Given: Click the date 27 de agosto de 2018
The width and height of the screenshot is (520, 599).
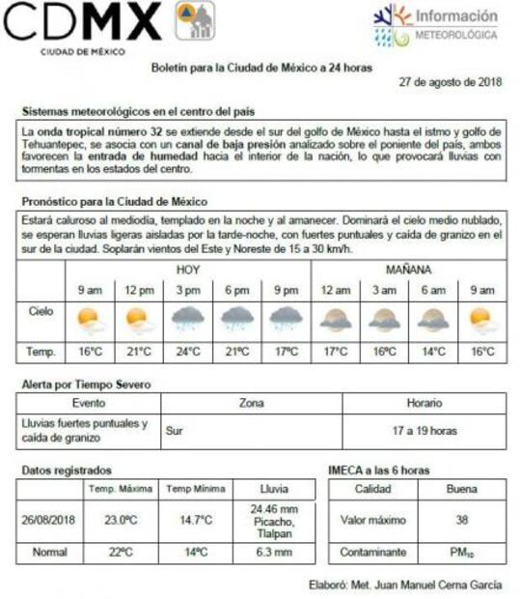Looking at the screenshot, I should pyautogui.click(x=450, y=82).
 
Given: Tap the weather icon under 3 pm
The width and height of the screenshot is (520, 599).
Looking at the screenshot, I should pyautogui.click(x=187, y=319).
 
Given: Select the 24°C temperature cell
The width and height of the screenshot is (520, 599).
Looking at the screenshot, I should pyautogui.click(x=187, y=353).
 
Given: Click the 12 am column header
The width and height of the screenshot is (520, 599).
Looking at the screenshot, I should pyautogui.click(x=335, y=290).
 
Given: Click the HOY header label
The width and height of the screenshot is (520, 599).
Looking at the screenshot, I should pyautogui.click(x=187, y=270).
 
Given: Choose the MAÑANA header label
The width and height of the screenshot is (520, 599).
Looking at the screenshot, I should pyautogui.click(x=408, y=270).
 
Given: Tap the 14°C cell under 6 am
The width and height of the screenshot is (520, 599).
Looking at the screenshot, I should pyautogui.click(x=432, y=353).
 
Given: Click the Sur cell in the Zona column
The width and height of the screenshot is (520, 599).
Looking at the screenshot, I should pyautogui.click(x=174, y=431).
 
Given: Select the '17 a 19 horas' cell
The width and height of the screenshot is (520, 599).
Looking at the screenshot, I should pyautogui.click(x=424, y=431).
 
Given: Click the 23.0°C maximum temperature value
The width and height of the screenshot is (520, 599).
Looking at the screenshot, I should pyautogui.click(x=121, y=520).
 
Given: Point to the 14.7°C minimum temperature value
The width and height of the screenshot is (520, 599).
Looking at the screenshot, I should pyautogui.click(x=195, y=520).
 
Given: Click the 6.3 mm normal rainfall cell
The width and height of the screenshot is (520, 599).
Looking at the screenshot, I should pyautogui.click(x=273, y=553).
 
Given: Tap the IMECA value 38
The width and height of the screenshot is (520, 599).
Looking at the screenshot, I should pyautogui.click(x=461, y=520).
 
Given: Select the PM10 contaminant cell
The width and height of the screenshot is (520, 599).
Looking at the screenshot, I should pyautogui.click(x=461, y=553).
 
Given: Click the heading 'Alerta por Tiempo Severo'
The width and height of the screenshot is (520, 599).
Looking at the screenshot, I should pyautogui.click(x=87, y=385).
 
